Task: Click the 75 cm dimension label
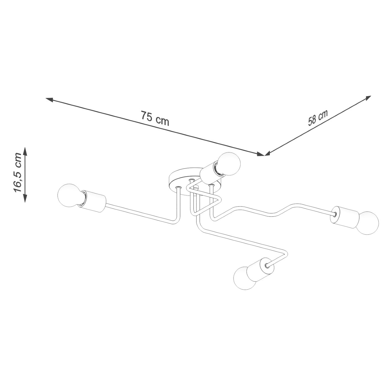(155, 118)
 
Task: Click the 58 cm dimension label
(318, 118)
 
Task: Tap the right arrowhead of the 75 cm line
(260, 154)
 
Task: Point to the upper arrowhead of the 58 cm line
(368, 98)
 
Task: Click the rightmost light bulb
(367, 223)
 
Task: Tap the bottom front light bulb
(244, 278)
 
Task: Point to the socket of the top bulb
(209, 174)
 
